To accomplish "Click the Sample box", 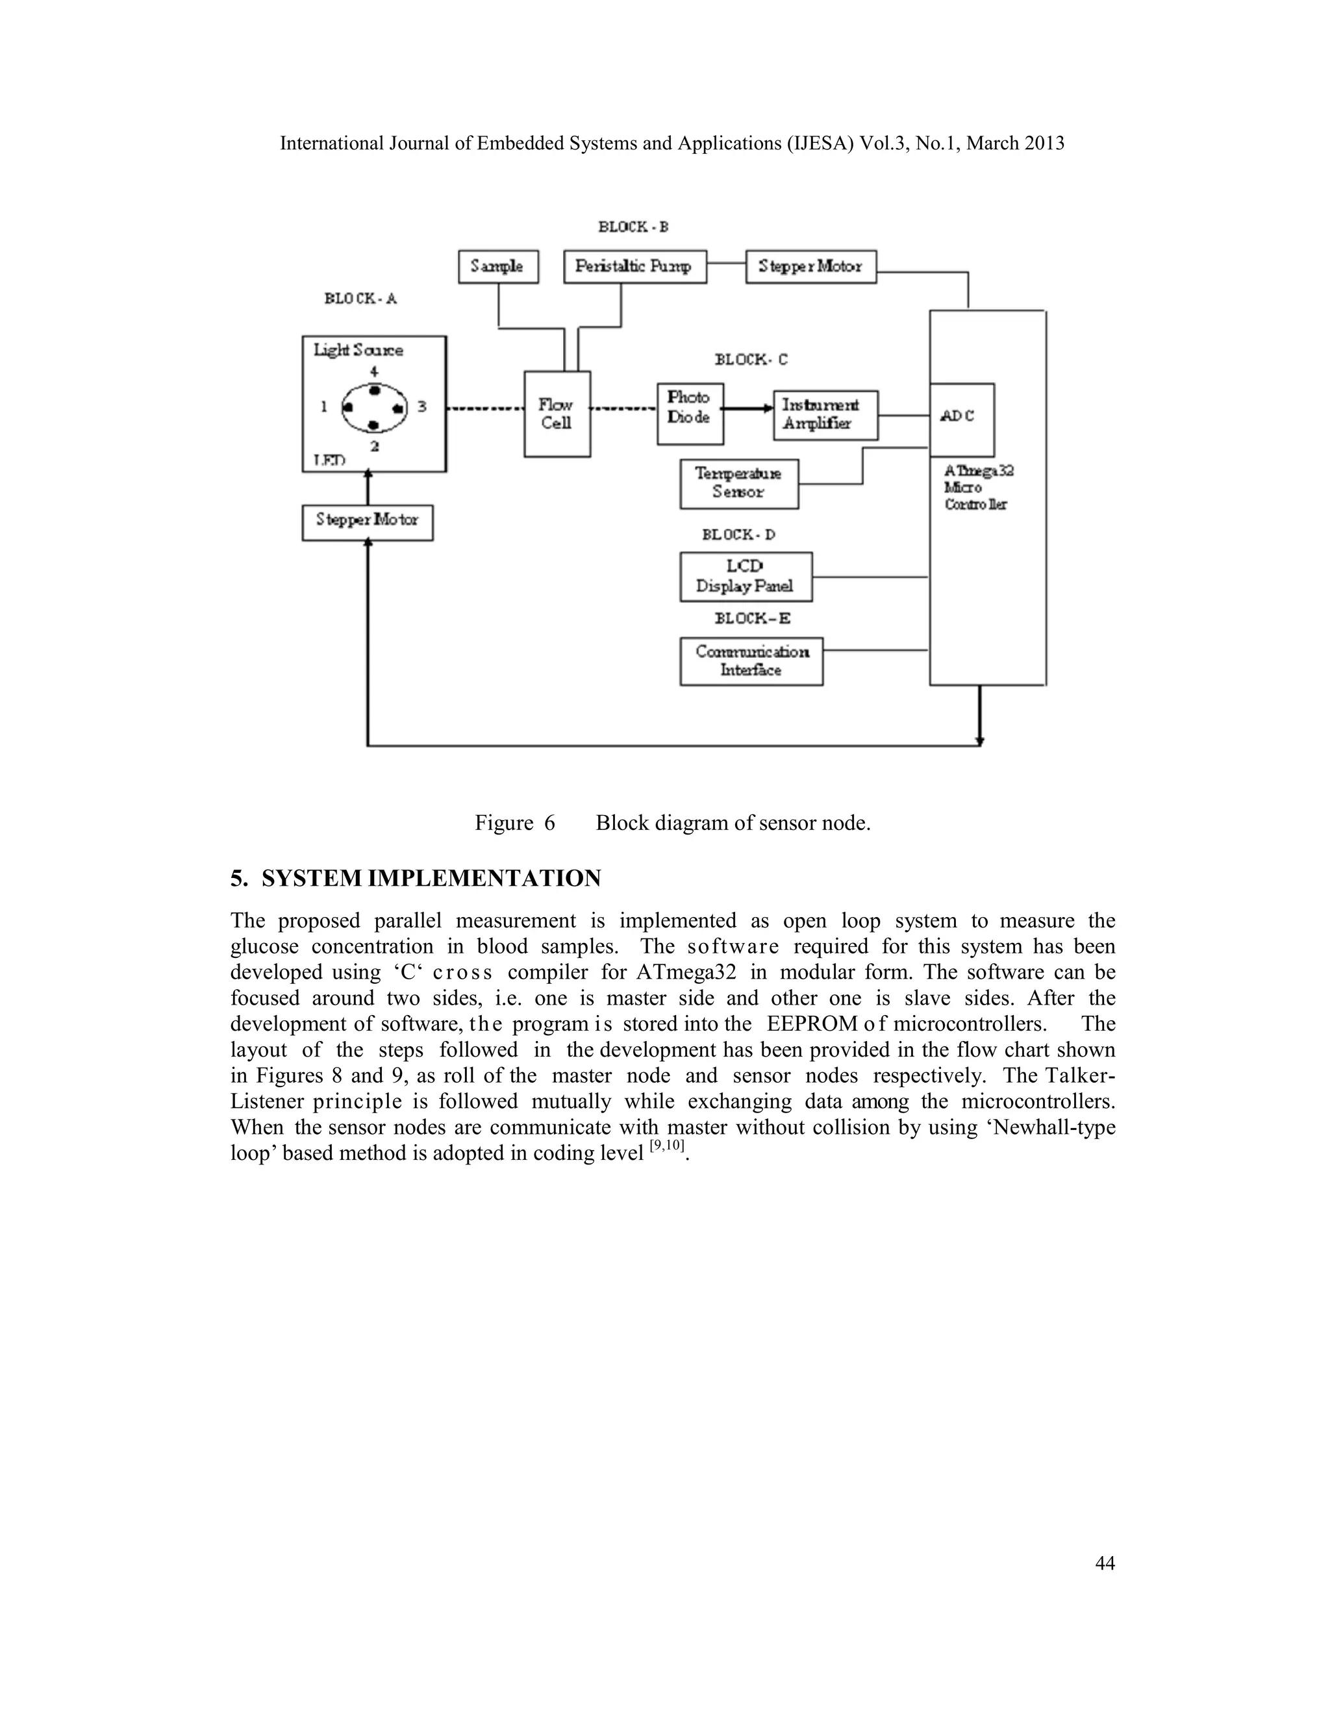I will click(x=498, y=266).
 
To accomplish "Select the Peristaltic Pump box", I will click(x=634, y=266).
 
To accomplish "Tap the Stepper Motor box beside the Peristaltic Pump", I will click(x=810, y=266).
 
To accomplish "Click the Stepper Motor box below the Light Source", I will click(x=367, y=520).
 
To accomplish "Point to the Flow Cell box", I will click(x=557, y=414).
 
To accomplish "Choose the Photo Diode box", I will click(x=690, y=414).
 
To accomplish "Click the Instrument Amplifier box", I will click(x=824, y=414).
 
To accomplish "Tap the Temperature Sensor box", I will click(x=738, y=483).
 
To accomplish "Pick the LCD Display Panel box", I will click(x=746, y=577).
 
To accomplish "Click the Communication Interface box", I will click(x=751, y=661).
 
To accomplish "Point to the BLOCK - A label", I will click(x=360, y=299).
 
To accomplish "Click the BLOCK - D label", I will click(x=738, y=535).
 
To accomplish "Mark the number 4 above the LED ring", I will click(x=374, y=371).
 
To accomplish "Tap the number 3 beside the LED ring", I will click(x=422, y=407).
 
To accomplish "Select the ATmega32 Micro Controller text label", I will click(x=978, y=487).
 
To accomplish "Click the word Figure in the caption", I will click(x=503, y=823).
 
